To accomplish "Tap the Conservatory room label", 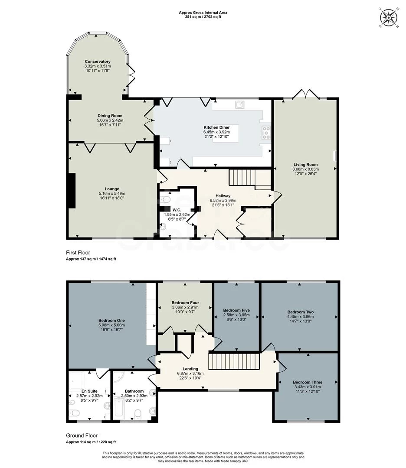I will click(98, 62).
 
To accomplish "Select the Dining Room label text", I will click(110, 116).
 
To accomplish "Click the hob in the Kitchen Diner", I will click(265, 133).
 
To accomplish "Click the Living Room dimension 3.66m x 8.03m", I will click(305, 169).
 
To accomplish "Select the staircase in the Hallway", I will click(243, 178).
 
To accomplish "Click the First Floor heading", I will click(79, 253).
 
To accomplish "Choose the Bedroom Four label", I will click(184, 302).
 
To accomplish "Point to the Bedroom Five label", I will click(236, 310).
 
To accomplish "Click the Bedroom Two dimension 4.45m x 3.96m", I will click(300, 317).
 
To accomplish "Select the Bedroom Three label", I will click(308, 382).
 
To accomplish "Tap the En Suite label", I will click(84, 391).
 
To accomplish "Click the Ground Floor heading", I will click(82, 435).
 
